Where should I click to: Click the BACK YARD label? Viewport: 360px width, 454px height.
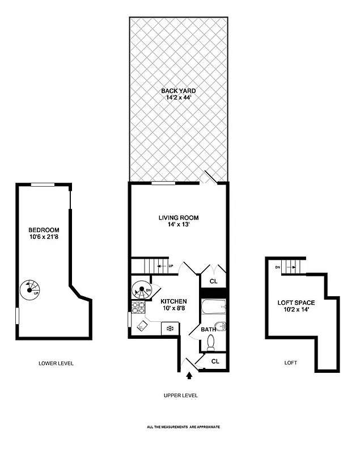[179, 90]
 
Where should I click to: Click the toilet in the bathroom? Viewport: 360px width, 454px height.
[211, 342]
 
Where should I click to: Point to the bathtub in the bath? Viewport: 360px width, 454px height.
[214, 308]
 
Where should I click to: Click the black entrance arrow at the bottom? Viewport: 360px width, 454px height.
[189, 374]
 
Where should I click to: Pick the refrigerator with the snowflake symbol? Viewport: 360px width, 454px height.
[169, 327]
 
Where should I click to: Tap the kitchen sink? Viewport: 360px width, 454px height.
[142, 326]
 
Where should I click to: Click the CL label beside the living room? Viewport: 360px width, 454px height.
[214, 280]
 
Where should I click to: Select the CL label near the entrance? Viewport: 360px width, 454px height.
[215, 360]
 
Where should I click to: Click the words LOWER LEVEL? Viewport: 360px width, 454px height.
[56, 363]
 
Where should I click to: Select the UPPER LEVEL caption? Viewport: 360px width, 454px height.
[180, 396]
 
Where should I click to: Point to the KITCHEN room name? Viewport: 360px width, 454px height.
[173, 301]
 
